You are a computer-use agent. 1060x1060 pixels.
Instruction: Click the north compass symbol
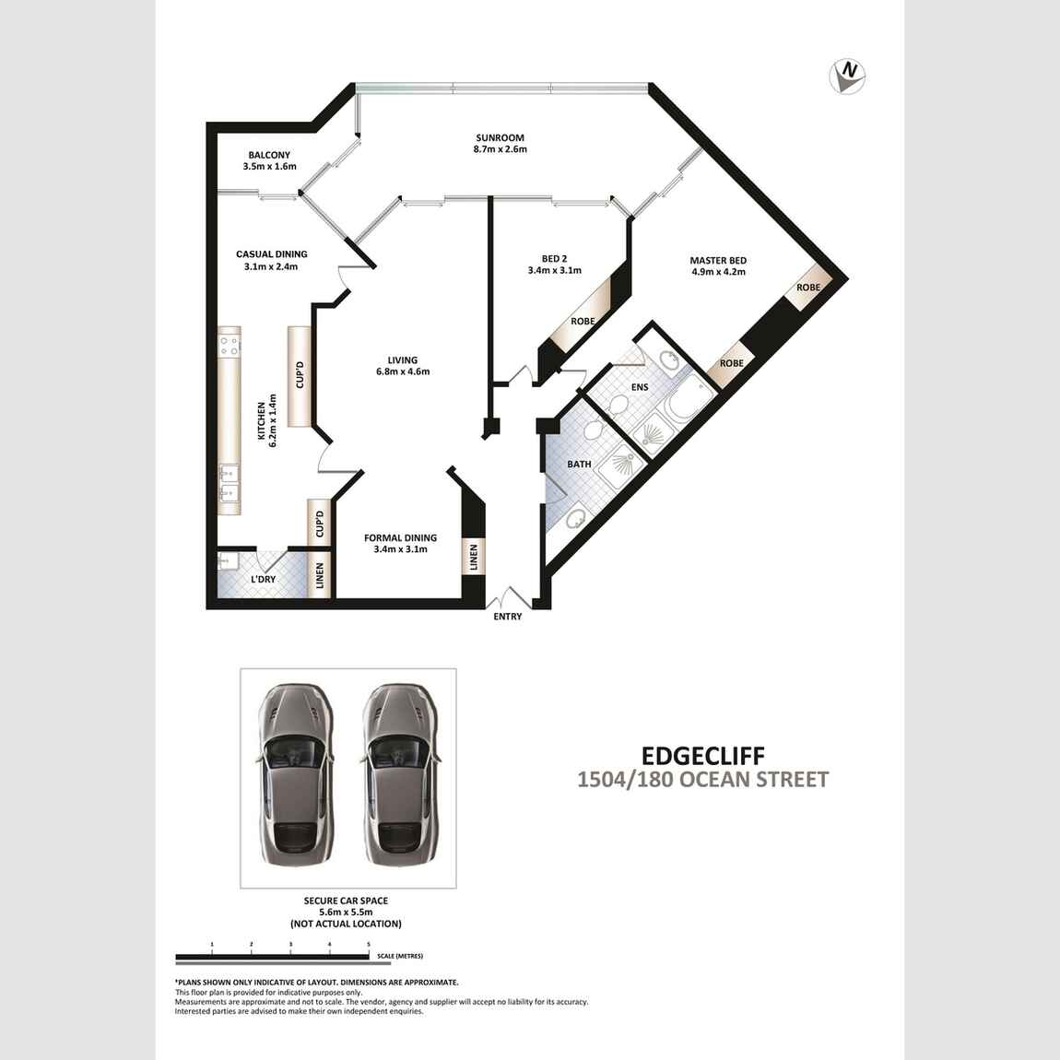(847, 76)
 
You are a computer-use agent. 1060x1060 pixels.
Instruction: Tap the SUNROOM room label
(500, 138)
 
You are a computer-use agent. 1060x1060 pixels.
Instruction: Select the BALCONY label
(269, 155)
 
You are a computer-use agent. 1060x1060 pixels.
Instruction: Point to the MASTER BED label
(718, 260)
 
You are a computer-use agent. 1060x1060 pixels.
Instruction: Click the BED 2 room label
(554, 258)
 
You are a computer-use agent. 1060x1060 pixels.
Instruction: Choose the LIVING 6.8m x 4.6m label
(403, 365)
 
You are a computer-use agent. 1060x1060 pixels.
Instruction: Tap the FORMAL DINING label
(400, 537)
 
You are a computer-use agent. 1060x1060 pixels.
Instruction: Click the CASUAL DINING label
(271, 254)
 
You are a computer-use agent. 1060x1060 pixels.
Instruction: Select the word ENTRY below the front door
(508, 616)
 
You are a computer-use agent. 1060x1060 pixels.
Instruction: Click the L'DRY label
(263, 580)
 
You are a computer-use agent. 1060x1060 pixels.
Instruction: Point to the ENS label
(640, 387)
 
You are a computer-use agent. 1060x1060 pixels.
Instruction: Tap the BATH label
(579, 465)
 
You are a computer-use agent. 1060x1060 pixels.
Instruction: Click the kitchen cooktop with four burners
(230, 342)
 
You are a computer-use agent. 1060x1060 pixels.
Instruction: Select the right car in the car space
(400, 774)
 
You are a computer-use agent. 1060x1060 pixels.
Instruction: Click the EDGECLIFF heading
(703, 754)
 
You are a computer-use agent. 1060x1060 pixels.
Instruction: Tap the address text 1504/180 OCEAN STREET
(702, 780)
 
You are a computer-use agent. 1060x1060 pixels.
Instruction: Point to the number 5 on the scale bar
(369, 944)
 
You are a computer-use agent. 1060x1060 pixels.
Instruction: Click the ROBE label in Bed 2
(582, 321)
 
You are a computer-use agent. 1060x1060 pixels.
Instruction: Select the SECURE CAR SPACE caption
(346, 901)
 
